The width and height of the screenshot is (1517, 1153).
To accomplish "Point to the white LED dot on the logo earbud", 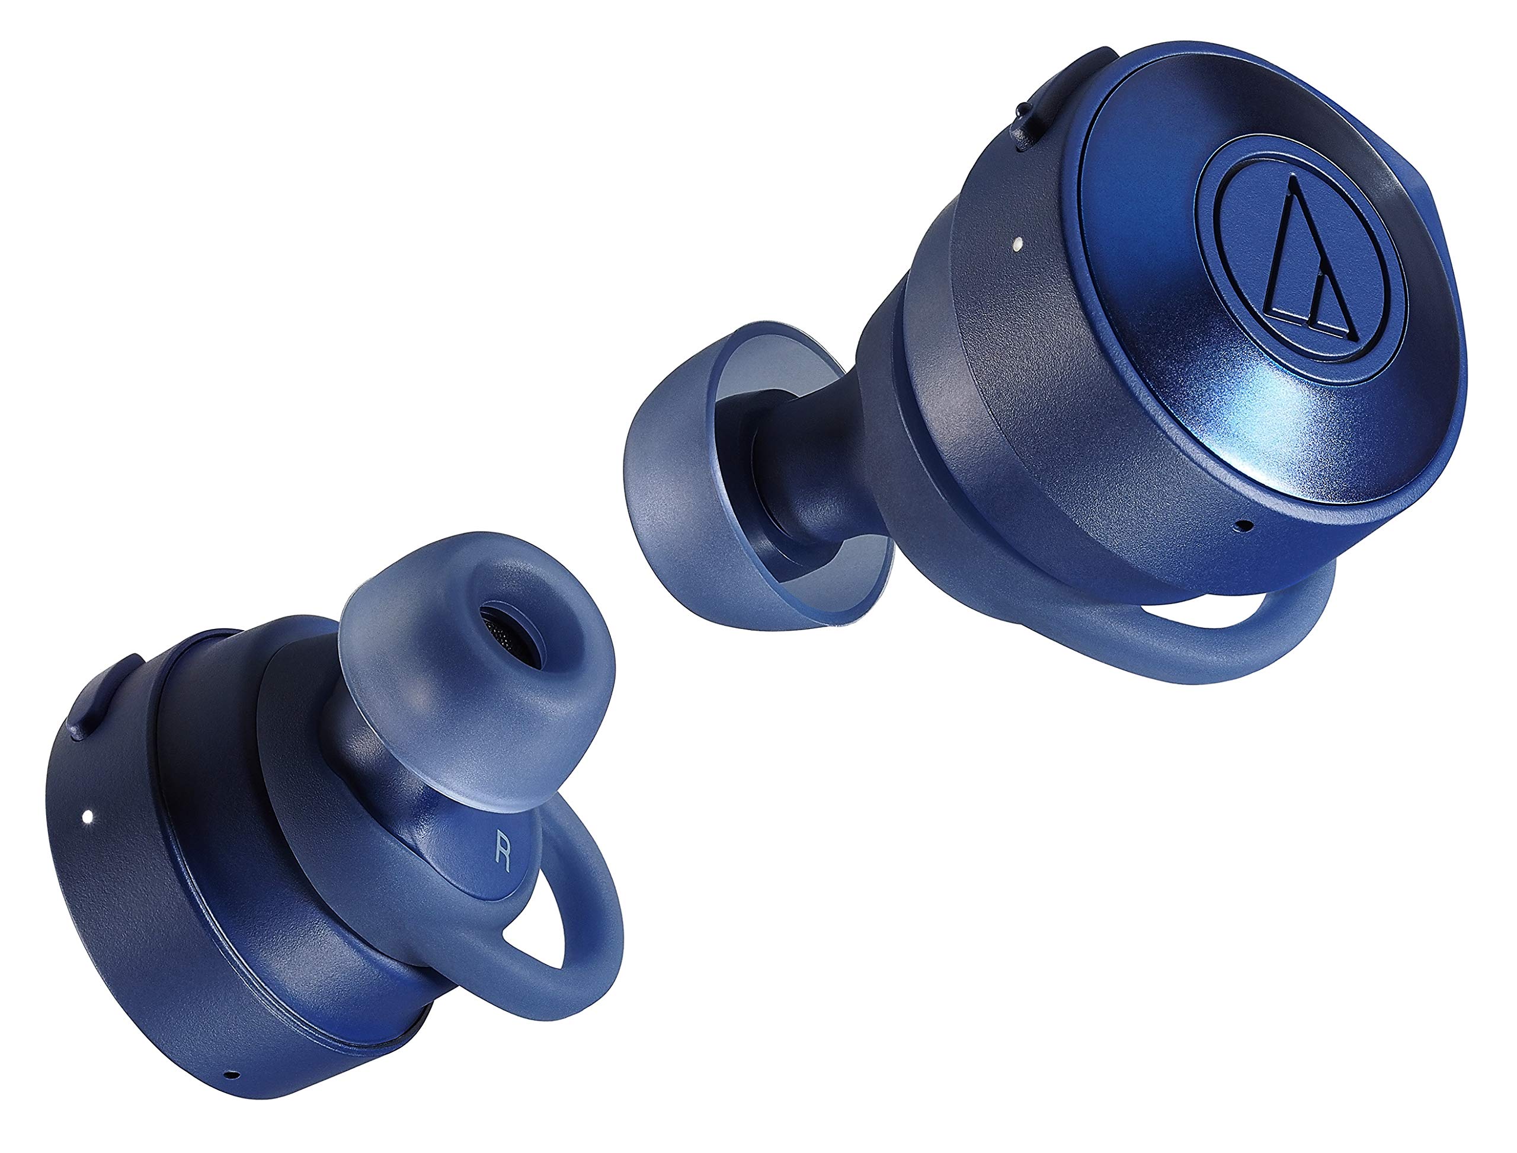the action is click(1017, 243).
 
